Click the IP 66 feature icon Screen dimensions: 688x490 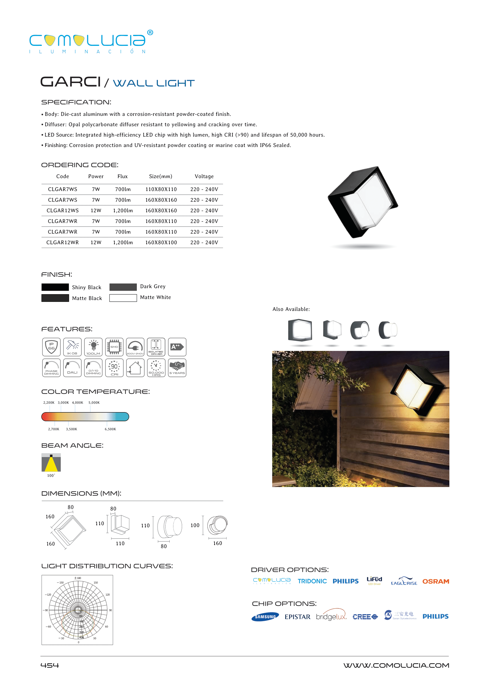pos(51,347)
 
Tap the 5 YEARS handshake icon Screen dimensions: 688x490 pos(177,368)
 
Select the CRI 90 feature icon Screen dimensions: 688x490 pos(114,368)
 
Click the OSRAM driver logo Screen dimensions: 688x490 pos(435,581)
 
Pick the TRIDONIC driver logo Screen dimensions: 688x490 pos(312,581)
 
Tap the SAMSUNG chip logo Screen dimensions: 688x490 pos(265,617)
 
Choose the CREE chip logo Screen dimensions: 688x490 pos(365,617)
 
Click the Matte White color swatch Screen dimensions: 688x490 pos(123,298)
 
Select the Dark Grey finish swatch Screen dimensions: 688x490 pos(123,287)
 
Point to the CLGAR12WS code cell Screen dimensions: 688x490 pos(63,210)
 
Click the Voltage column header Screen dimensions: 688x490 pos(204,176)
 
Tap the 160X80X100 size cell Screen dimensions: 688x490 pos(161,243)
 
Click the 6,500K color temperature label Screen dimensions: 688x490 pos(110,429)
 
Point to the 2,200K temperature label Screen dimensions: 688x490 pos(49,403)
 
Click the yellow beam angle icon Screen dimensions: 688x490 pos(51,463)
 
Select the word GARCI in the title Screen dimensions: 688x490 pos(70,82)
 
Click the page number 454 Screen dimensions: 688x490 pos(50,665)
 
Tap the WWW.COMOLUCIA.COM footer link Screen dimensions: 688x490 pos(396,665)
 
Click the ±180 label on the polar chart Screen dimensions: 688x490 pos(77,578)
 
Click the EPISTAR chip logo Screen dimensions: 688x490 pos(297,617)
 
